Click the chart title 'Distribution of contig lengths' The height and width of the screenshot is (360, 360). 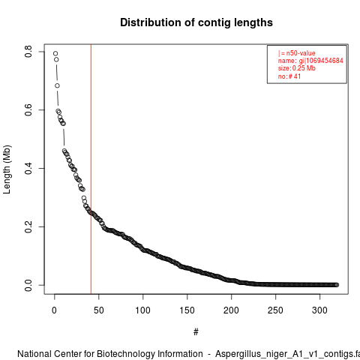(196, 22)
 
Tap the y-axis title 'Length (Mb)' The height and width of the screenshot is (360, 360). (7, 169)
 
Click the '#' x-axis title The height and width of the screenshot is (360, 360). (196, 332)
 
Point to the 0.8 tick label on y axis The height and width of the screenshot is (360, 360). (28, 52)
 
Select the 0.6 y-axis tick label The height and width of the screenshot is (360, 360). (28, 110)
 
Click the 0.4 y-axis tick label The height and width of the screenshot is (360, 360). (28, 168)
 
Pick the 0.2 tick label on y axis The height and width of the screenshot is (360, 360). (28, 226)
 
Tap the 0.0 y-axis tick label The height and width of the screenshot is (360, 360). (28, 285)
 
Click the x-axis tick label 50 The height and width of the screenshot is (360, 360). (99, 310)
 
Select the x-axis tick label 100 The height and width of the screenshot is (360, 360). (142, 310)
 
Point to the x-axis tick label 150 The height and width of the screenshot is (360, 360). (187, 310)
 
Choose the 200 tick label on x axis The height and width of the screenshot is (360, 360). (231, 310)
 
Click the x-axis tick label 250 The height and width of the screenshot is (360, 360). (275, 310)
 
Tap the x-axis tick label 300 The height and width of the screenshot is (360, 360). (319, 310)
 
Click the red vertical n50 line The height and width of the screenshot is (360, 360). (91, 169)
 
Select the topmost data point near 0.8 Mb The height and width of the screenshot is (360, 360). (55, 53)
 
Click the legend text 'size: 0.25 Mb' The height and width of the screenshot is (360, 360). (297, 68)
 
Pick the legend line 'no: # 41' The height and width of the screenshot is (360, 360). (289, 76)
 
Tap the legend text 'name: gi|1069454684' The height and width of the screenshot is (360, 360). (310, 61)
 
